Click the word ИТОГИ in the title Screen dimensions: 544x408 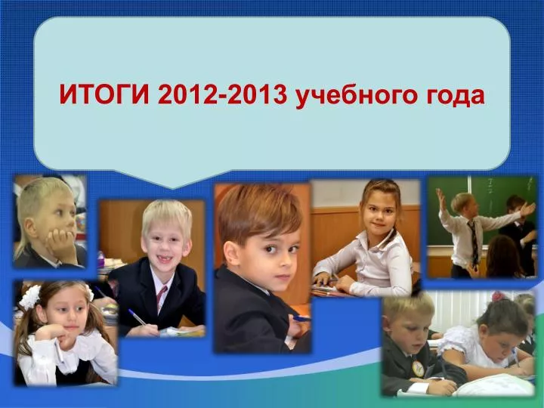[x=104, y=94]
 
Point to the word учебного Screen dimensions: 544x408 [x=357, y=96]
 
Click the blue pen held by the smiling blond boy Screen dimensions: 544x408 [x=137, y=317]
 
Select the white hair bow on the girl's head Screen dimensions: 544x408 [x=30, y=297]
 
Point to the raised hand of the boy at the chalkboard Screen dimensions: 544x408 [x=441, y=199]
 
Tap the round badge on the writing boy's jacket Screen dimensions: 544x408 [x=419, y=369]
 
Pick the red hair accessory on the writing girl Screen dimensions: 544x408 [x=498, y=296]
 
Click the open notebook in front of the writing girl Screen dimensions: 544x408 [x=493, y=385]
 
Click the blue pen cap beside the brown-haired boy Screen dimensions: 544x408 [x=301, y=319]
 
